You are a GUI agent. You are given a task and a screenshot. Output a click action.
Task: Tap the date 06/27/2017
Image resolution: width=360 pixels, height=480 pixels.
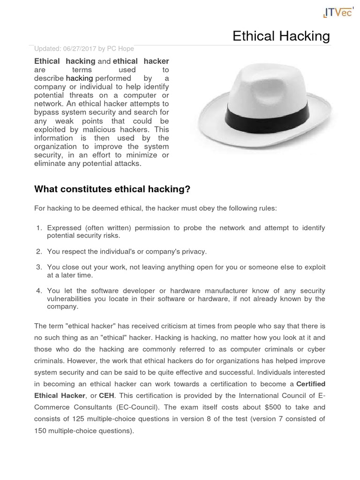pyautogui.click(x=81, y=49)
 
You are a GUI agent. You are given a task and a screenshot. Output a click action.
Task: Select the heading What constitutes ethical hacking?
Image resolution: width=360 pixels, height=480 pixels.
pyautogui.click(x=112, y=189)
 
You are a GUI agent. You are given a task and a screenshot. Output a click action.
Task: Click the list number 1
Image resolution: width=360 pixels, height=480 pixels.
pyautogui.click(x=39, y=228)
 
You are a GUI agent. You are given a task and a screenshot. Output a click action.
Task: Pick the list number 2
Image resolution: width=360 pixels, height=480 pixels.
pyautogui.click(x=39, y=252)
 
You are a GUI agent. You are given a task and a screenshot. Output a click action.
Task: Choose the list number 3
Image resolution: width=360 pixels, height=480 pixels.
pyautogui.click(x=39, y=267)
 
